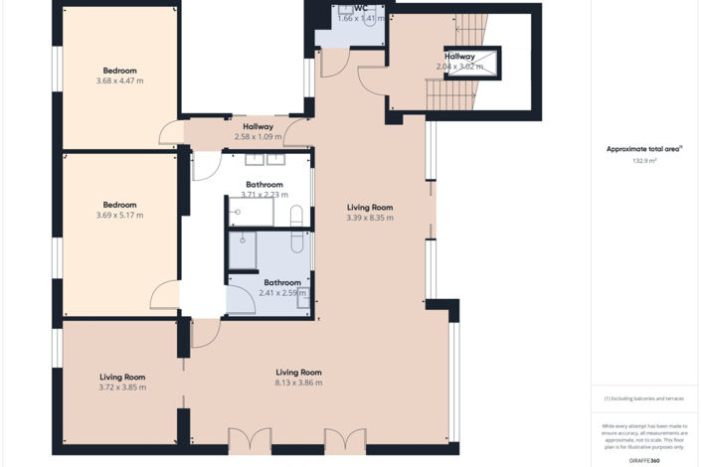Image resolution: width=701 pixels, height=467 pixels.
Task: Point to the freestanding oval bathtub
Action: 296,230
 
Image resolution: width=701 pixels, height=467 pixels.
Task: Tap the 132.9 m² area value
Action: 644,159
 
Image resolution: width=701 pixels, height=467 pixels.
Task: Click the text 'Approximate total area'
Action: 643,149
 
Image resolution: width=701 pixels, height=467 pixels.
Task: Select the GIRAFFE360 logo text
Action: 644,460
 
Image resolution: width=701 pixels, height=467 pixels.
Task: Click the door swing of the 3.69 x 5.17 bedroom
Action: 164,295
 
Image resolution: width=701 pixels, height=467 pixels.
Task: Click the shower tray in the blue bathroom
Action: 243,249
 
